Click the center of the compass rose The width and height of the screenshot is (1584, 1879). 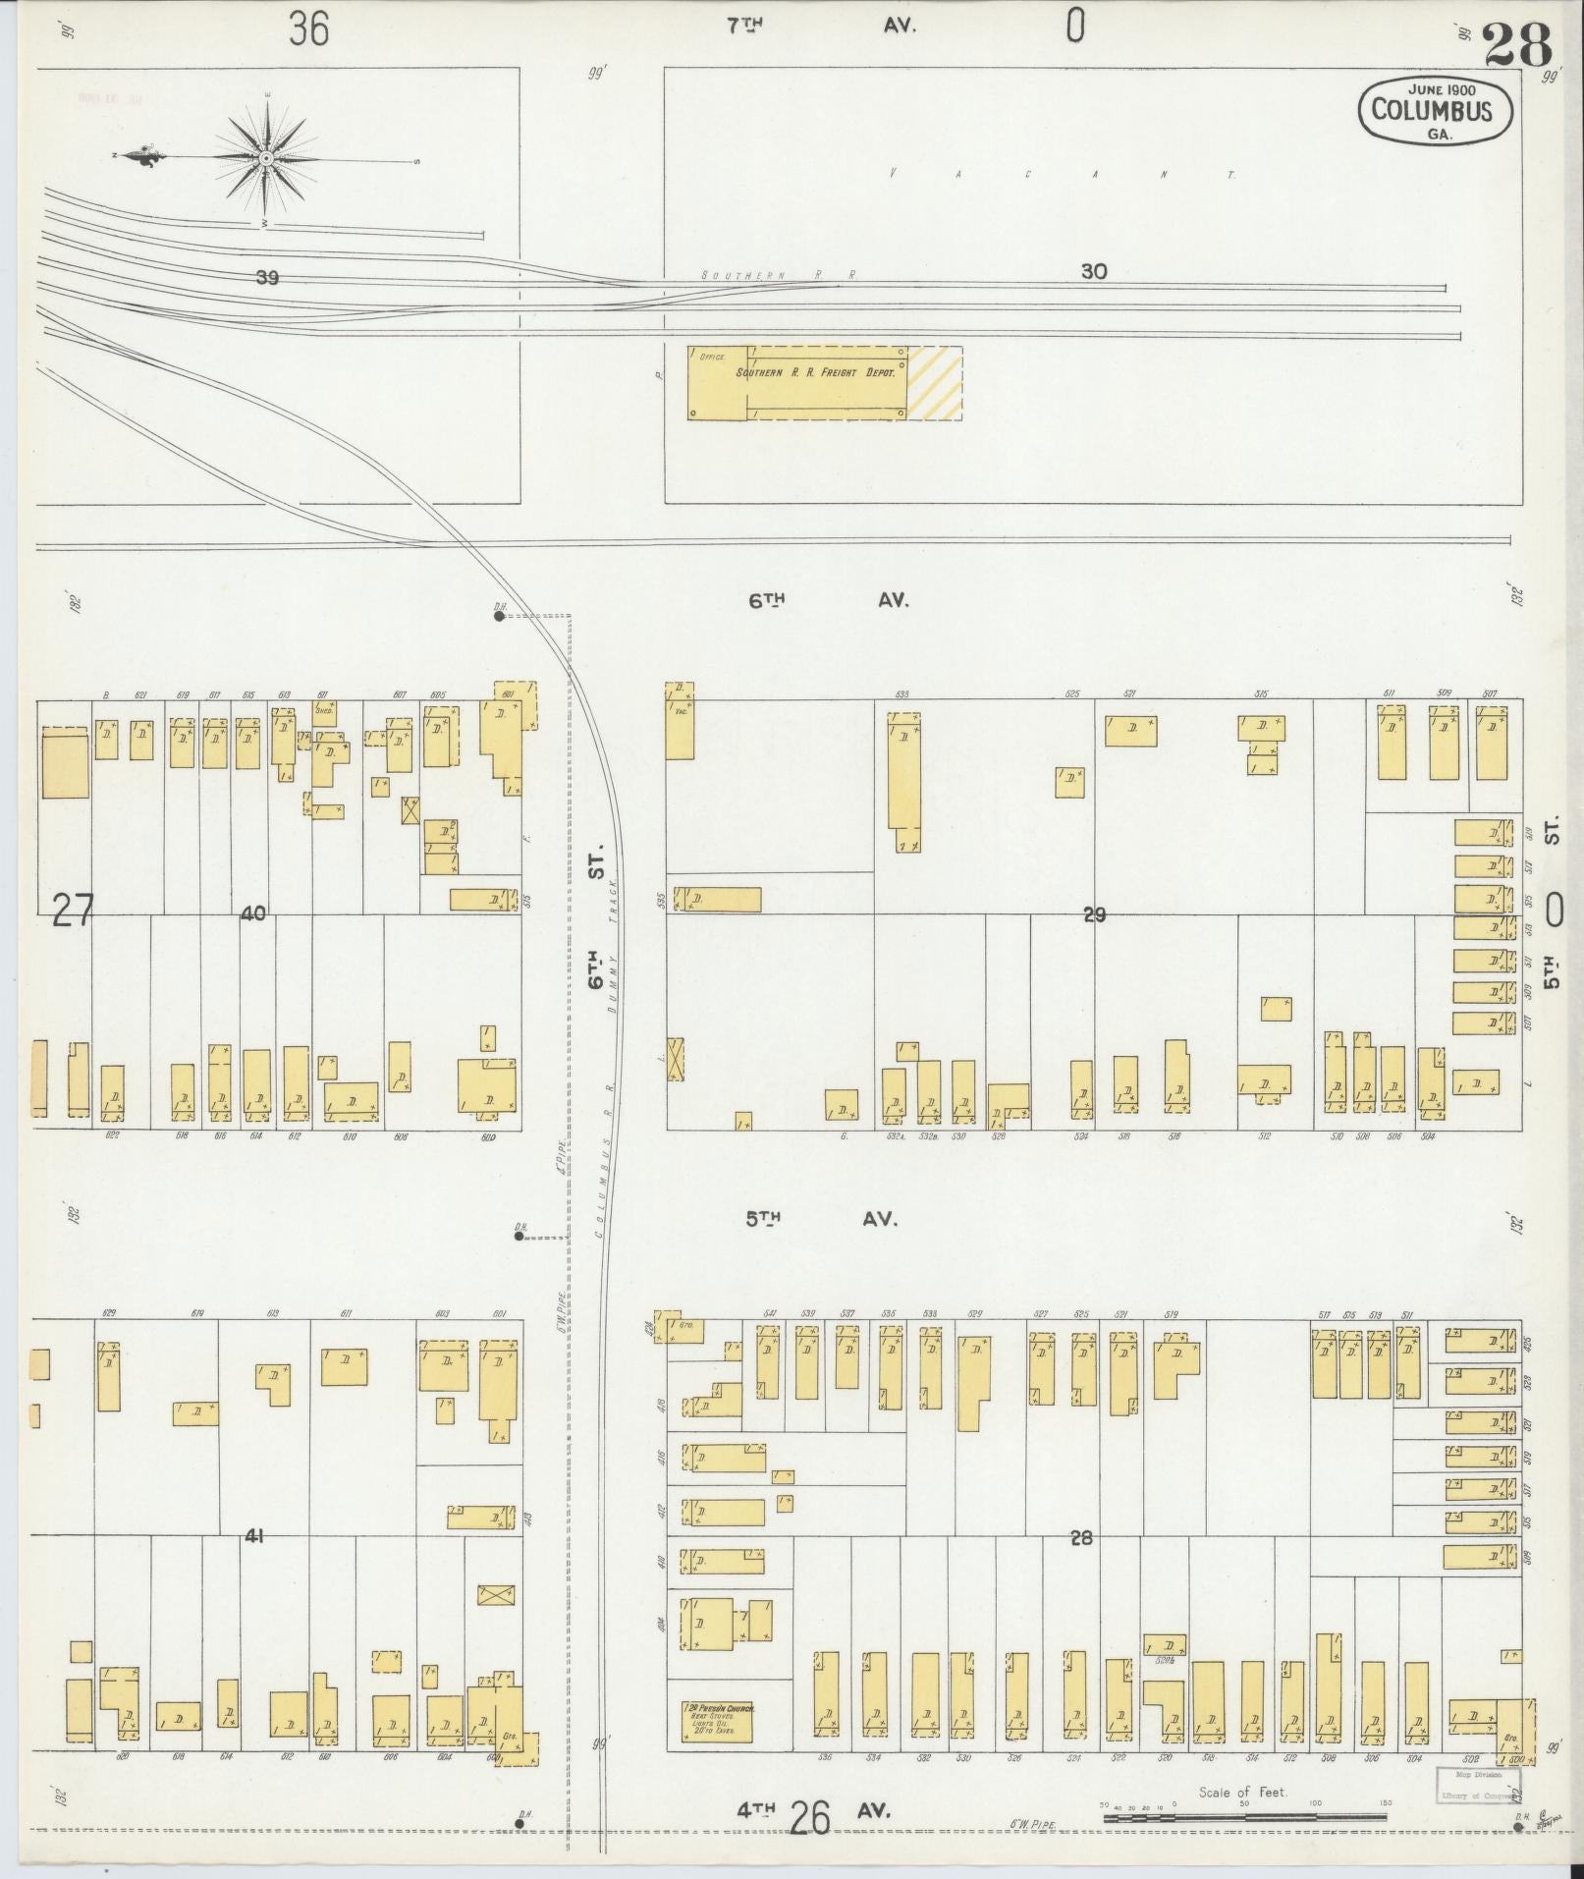pos(266,158)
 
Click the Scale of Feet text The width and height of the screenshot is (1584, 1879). pos(1242,1792)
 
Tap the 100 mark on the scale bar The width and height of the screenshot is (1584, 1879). pos(1316,1804)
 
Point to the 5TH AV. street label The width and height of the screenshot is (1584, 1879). pos(822,1219)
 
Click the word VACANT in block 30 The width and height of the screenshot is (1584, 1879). pos(1061,175)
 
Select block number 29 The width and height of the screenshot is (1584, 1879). pos(1094,914)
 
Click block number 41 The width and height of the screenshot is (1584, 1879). pos(254,1535)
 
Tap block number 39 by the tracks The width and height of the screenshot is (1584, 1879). pos(266,278)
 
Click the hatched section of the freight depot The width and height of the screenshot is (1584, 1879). pos(934,383)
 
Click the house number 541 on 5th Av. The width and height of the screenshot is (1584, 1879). pos(770,1313)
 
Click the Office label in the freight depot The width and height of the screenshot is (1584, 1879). pos(711,358)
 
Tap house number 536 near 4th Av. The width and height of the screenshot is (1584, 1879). pos(825,1757)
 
